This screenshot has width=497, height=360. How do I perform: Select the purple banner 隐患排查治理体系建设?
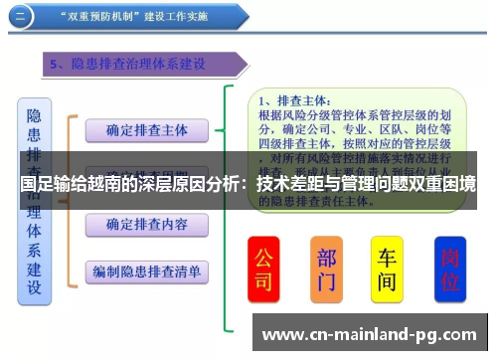click(139, 65)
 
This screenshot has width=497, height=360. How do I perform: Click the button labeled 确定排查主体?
click(146, 129)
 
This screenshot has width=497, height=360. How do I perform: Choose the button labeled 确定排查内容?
click(146, 225)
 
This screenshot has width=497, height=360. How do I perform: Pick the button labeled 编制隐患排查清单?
click(146, 270)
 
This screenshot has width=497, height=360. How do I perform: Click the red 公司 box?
click(263, 270)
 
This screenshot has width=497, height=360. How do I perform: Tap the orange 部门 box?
click(326, 270)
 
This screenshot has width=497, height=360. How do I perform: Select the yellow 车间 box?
click(387, 270)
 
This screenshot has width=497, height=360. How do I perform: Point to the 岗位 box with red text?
click(450, 270)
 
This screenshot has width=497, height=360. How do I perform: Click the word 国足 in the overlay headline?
click(35, 185)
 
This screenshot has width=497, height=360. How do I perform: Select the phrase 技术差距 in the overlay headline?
click(291, 185)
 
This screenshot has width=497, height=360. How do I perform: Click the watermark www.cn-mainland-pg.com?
click(368, 333)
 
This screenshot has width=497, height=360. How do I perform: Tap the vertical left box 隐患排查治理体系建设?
click(35, 199)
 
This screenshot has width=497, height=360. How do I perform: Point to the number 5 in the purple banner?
click(55, 65)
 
